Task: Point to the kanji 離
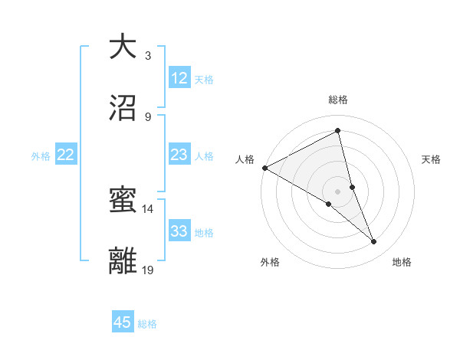click(x=123, y=261)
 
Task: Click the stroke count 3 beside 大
click(x=148, y=55)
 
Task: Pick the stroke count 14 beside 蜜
click(x=148, y=208)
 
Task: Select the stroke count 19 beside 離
click(x=148, y=270)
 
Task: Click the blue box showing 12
click(x=179, y=78)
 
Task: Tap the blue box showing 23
click(x=179, y=155)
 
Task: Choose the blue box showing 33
click(x=179, y=231)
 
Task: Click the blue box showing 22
click(x=66, y=155)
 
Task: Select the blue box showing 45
click(x=123, y=322)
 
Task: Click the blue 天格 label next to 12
click(x=204, y=79)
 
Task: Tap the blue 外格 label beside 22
click(x=41, y=155)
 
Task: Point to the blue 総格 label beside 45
click(x=147, y=323)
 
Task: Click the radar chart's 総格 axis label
click(x=338, y=100)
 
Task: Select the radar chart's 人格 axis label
click(x=245, y=159)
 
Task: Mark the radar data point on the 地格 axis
click(x=374, y=242)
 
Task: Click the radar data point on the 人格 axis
click(x=264, y=168)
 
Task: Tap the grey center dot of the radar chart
click(x=338, y=191)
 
